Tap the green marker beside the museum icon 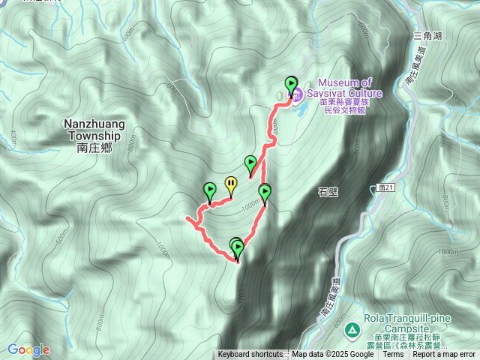290,85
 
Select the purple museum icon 297,94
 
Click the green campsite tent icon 351,328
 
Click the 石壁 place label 328,191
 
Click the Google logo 28,349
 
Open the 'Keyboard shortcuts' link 250,355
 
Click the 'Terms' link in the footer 393,355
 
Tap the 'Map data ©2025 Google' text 332,355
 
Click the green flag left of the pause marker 210,190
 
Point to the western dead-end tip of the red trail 186,218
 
